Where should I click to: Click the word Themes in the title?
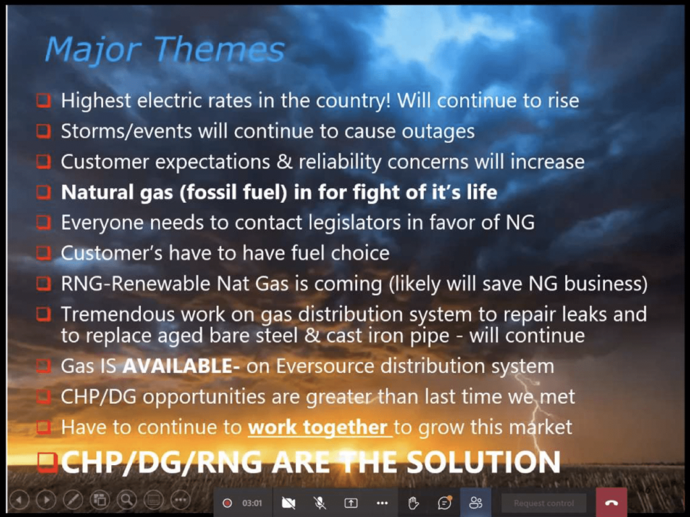(219, 49)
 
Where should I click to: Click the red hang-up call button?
(611, 502)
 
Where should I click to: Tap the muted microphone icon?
(320, 502)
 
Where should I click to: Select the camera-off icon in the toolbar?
(288, 502)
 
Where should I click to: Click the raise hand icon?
(413, 502)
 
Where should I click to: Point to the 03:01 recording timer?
(252, 503)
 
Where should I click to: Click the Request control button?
(544, 503)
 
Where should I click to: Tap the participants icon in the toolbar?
(476, 502)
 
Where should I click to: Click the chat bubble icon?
(445, 502)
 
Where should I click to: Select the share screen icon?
(350, 502)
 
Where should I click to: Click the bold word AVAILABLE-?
(181, 366)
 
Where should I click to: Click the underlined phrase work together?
(318, 427)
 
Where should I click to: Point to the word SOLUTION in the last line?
(483, 462)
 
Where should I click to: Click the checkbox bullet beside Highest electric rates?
(44, 100)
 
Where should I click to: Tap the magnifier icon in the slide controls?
(127, 500)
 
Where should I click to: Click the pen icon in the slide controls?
(73, 500)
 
